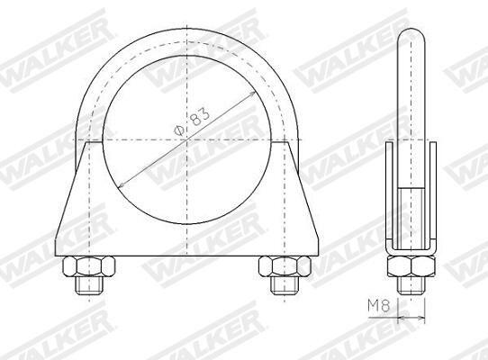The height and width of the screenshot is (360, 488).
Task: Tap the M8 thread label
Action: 378,305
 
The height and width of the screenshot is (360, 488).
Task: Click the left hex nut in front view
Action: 89,266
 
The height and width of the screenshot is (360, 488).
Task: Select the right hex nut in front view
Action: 285,266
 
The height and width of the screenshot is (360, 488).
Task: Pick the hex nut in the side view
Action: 411,267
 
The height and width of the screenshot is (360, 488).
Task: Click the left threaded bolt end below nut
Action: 89,285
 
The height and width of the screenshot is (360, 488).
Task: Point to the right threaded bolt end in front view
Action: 285,285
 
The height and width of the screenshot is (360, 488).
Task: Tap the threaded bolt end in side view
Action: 411,285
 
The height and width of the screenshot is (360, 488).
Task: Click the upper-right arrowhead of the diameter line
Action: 252,94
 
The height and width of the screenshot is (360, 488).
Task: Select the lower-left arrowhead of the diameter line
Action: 122,185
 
